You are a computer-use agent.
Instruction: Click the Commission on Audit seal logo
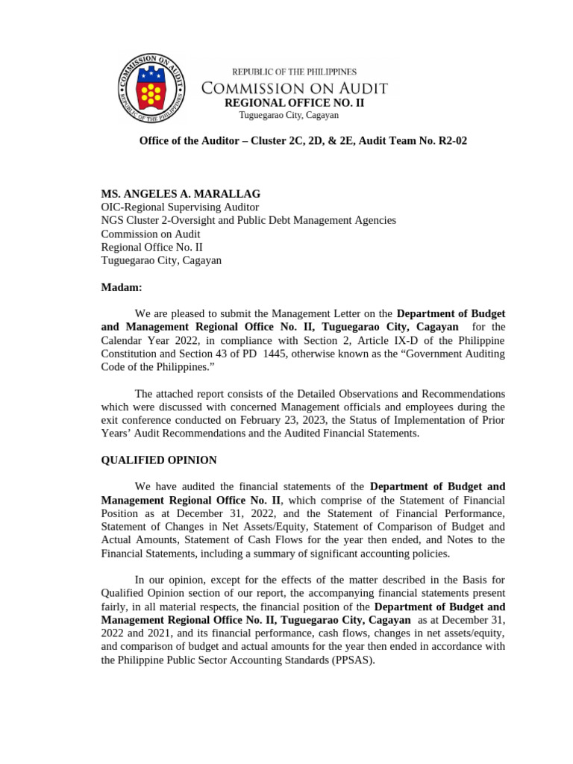tap(153, 89)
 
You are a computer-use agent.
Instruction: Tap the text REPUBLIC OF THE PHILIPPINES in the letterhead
tap(294, 72)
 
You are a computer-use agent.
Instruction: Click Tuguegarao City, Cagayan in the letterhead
tap(289, 116)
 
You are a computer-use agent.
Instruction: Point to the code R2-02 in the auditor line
tap(452, 141)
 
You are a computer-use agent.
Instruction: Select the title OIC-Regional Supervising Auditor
tap(180, 207)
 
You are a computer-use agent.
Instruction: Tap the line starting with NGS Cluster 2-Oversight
tap(248, 220)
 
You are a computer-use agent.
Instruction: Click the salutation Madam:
tap(121, 287)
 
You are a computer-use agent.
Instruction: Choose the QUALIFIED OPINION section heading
tap(159, 460)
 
